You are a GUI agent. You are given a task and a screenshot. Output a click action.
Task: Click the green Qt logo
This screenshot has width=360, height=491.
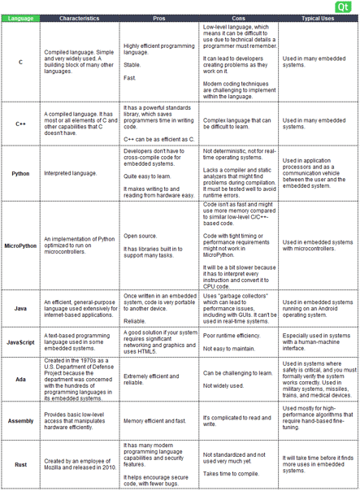345,7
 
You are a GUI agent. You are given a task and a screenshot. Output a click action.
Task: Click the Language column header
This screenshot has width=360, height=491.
20,18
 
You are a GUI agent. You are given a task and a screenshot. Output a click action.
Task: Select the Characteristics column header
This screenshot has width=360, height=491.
80,18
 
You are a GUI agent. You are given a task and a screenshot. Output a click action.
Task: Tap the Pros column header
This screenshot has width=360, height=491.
160,18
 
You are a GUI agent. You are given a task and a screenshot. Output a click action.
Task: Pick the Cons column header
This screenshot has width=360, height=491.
239,18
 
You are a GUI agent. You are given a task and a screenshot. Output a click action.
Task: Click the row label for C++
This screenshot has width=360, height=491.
20,124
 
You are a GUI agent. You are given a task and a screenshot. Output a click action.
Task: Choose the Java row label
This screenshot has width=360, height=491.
20,309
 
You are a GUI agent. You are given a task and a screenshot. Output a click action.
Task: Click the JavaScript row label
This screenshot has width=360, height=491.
20,343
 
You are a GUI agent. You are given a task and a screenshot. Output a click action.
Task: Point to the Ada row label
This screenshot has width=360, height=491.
20,378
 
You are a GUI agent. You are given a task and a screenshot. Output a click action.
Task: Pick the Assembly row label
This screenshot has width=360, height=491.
20,420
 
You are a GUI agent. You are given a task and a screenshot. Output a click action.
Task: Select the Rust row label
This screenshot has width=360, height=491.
20,464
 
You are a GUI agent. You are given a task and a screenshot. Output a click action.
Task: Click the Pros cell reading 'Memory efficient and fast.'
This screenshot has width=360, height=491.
160,420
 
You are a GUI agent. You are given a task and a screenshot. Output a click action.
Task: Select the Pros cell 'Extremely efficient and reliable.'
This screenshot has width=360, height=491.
160,378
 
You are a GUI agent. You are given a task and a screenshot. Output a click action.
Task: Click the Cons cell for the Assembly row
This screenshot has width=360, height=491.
239,420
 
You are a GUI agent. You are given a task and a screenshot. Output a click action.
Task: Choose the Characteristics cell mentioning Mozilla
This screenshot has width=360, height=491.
80,464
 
